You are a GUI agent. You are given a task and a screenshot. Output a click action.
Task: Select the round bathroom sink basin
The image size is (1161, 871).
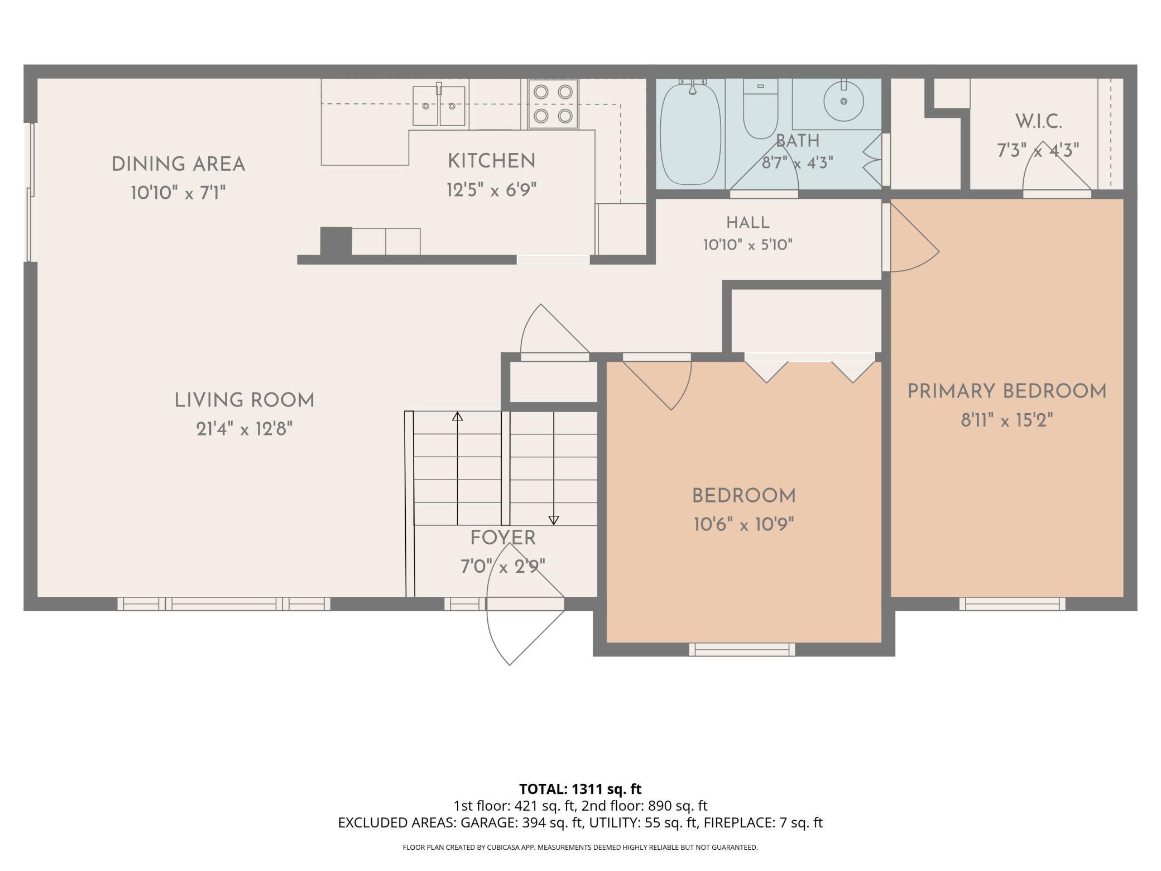(843, 102)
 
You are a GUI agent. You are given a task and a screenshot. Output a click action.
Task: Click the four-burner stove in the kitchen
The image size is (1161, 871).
(553, 104)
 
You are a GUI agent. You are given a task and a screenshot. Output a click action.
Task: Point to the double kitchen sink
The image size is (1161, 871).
(439, 106)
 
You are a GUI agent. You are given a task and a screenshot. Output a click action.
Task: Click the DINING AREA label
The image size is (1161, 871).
(178, 165)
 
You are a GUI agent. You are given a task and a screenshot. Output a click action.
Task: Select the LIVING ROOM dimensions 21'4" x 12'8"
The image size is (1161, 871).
(244, 429)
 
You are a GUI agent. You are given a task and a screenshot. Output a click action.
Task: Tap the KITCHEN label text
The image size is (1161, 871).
(491, 161)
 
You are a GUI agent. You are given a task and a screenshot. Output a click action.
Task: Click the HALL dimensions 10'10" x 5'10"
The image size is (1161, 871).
(748, 245)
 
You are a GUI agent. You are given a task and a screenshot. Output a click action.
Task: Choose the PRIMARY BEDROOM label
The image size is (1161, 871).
(1007, 391)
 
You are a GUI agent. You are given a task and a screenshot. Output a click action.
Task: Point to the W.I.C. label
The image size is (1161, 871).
(1038, 121)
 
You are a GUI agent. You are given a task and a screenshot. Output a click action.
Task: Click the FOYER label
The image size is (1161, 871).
(503, 538)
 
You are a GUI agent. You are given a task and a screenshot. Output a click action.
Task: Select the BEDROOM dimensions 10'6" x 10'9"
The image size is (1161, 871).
(744, 525)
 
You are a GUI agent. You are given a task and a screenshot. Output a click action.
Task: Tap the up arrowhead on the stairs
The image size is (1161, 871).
(457, 416)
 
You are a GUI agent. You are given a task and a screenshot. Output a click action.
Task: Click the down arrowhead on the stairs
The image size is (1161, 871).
(554, 520)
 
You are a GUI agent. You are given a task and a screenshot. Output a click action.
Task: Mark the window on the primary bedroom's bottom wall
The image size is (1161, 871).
(1012, 604)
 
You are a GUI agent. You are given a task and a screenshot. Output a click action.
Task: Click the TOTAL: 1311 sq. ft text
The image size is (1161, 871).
(580, 789)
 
